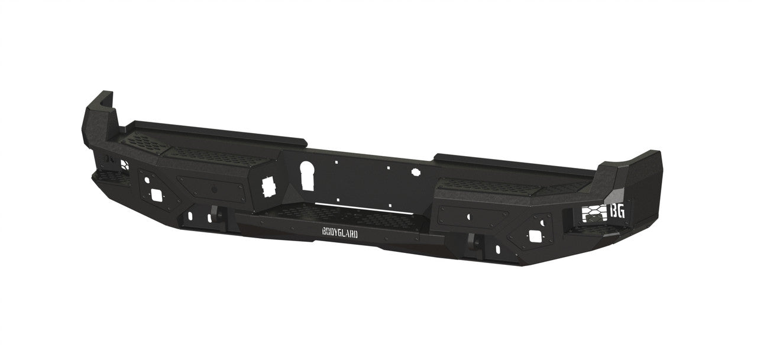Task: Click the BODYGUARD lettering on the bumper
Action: click(339, 233)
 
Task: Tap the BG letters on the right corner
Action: click(617, 211)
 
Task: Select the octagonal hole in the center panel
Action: click(416, 171)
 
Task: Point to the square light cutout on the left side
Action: click(157, 194)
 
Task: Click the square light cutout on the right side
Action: click(535, 236)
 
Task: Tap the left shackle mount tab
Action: click(215, 214)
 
